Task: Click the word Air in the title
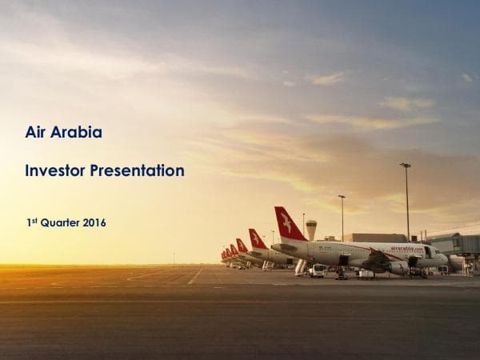(x=35, y=133)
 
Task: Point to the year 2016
(x=94, y=223)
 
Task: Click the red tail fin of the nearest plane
(x=288, y=224)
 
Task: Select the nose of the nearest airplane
(x=445, y=258)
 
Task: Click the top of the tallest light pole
(x=406, y=166)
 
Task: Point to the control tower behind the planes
(x=311, y=227)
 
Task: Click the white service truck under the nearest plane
(x=318, y=270)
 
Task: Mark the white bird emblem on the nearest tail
(x=286, y=223)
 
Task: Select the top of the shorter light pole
(x=342, y=197)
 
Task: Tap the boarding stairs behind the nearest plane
(x=302, y=266)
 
